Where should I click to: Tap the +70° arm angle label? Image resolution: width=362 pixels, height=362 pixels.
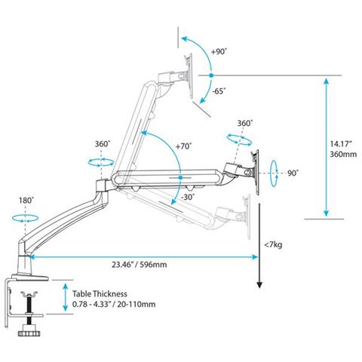coord(183,146)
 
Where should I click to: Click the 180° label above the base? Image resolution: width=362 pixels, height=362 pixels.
coord(25,201)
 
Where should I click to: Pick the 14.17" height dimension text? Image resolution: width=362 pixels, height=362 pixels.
coord(339,139)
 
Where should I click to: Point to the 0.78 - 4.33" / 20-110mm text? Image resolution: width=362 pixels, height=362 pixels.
coord(114,305)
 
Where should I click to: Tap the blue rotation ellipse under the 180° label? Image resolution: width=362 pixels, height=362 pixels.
coord(26,217)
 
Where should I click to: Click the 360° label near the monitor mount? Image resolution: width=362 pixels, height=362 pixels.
coord(244,123)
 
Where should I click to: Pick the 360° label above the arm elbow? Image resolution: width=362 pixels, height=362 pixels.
coord(102,143)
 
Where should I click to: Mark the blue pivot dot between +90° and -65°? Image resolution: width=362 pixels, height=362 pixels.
coord(212,75)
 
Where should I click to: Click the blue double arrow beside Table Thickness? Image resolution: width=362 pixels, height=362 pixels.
coord(66,298)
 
